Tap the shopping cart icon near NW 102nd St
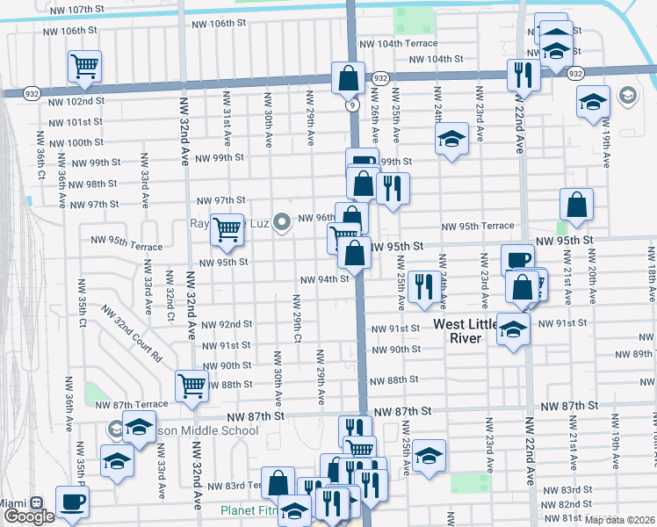[84, 66]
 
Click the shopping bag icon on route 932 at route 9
[349, 77]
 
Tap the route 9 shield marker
[352, 105]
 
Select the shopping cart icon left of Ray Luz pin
[227, 229]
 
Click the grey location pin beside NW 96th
[281, 222]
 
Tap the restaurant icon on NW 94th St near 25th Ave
[424, 285]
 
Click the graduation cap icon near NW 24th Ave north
[451, 138]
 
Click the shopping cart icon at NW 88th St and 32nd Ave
[191, 384]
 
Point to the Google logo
[28, 516]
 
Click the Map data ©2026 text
[619, 520]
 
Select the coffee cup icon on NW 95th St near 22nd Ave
[517, 259]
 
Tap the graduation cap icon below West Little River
[513, 328]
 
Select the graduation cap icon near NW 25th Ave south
[429, 455]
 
